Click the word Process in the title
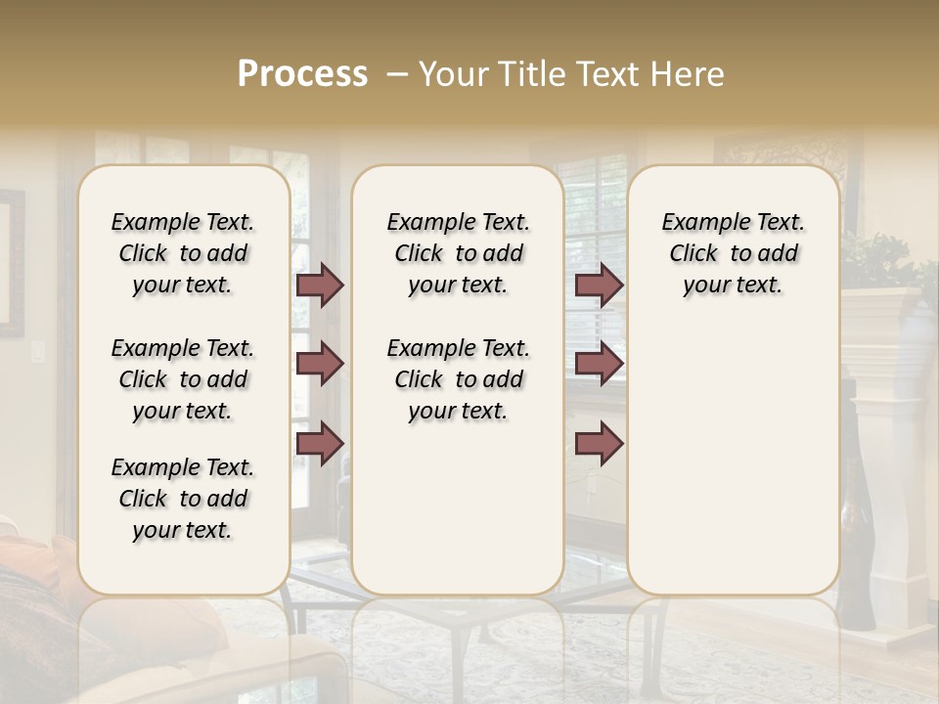(302, 74)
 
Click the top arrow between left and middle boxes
(319, 286)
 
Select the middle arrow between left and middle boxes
(319, 364)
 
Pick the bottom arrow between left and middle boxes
(319, 444)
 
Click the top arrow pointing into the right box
(599, 286)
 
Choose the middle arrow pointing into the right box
(599, 364)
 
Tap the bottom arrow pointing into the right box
(599, 444)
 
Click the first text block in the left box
(182, 253)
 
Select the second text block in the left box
(182, 379)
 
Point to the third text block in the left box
(182, 499)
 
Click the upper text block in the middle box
(458, 253)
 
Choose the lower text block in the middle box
(458, 379)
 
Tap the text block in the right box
(733, 253)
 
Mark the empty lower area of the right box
(733, 460)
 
